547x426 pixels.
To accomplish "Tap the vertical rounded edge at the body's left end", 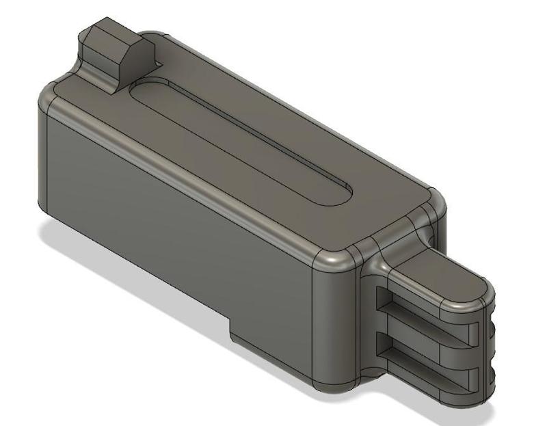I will point(41,157).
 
